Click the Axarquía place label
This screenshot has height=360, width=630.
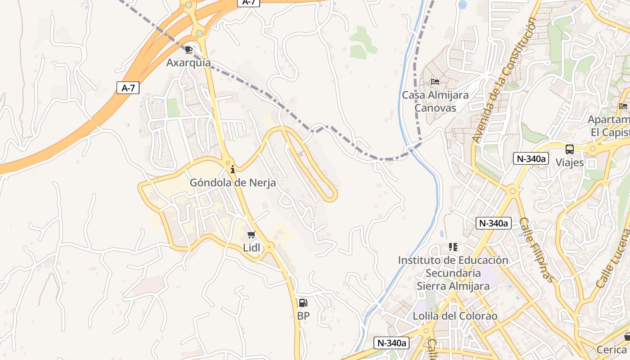(189, 63)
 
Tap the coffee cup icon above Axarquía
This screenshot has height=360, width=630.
(189, 49)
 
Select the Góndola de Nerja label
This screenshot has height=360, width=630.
(233, 183)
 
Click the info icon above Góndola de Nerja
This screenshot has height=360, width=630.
(233, 170)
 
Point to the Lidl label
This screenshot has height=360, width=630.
(252, 247)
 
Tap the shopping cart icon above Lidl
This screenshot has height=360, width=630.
(252, 235)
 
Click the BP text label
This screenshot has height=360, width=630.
(303, 316)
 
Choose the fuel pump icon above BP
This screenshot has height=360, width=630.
(303, 303)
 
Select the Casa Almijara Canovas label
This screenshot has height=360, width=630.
(435, 102)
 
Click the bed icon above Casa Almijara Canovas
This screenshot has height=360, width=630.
(435, 82)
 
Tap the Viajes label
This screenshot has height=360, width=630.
(570, 162)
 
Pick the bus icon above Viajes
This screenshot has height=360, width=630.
(570, 149)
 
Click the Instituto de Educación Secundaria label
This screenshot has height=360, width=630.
(453, 273)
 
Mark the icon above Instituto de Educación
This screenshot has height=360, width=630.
(453, 247)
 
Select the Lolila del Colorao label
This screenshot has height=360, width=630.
(455, 316)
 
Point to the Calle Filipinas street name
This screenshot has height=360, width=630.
(537, 250)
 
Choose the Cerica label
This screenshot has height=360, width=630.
(612, 350)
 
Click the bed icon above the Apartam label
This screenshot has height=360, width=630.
(623, 106)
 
